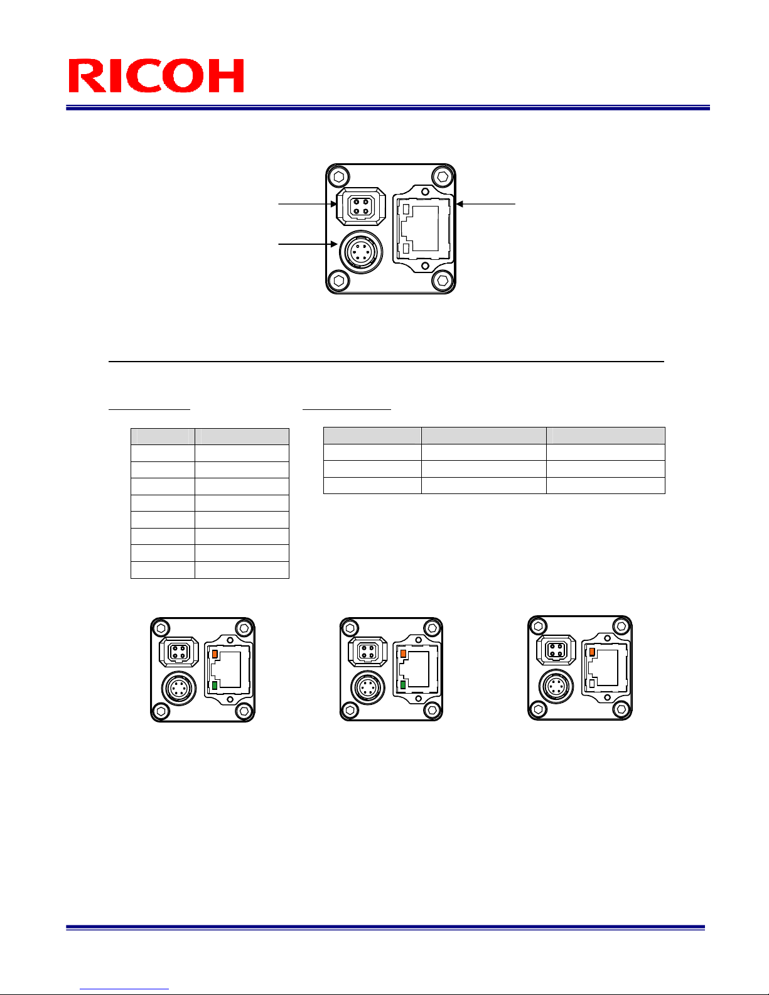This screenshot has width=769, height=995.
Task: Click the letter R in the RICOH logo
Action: click(87, 75)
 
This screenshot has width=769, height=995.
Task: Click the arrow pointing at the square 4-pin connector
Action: click(308, 204)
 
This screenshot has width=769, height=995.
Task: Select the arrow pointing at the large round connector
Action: click(308, 244)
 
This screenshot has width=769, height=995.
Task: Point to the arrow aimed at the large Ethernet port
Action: click(486, 204)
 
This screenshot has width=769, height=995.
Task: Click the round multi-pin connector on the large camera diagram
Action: click(361, 252)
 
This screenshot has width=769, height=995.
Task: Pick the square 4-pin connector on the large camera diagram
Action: click(361, 207)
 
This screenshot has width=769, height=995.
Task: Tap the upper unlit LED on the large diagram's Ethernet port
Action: click(406, 209)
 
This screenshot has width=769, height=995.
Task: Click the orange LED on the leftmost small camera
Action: click(215, 654)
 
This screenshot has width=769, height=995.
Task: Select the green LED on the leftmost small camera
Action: click(215, 686)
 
